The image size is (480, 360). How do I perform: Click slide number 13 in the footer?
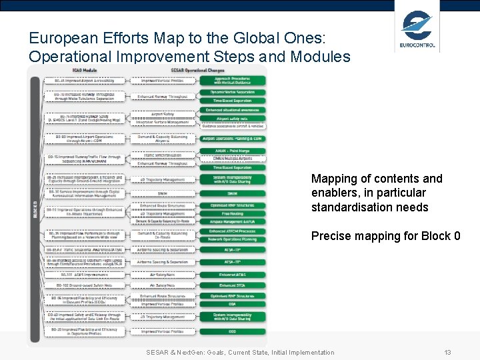click(x=448, y=352)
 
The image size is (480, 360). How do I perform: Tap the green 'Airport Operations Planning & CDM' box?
click(x=233, y=139)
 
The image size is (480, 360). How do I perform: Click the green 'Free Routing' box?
click(x=233, y=213)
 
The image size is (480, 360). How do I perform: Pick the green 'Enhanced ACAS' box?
click(x=233, y=274)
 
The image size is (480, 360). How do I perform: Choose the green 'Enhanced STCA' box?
click(x=233, y=285)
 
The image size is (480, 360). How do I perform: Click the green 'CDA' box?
click(x=233, y=304)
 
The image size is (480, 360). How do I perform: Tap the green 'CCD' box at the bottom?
click(x=233, y=331)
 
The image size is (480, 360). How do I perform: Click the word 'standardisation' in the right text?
click(x=347, y=207)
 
